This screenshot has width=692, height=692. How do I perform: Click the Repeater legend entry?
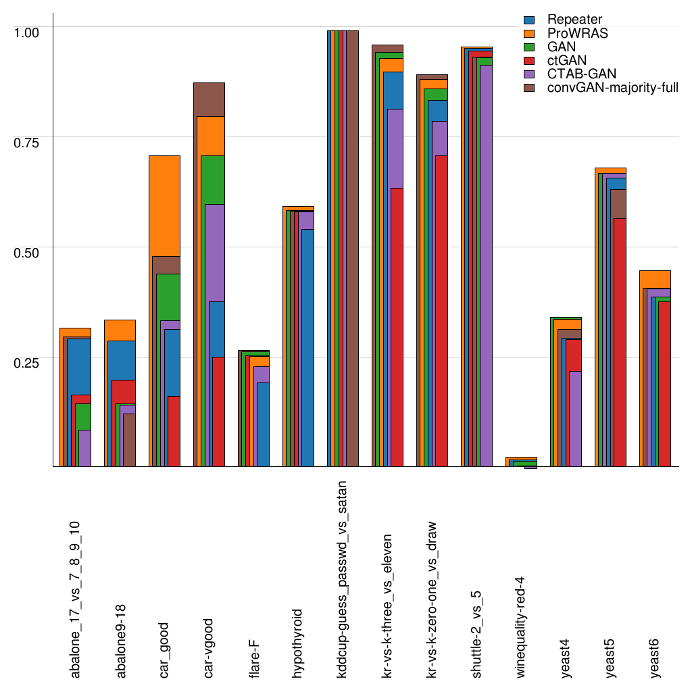(575, 20)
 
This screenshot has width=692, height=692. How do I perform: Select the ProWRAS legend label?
(578, 33)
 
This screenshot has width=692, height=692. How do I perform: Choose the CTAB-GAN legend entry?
(582, 73)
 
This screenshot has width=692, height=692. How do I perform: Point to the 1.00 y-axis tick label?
(28, 31)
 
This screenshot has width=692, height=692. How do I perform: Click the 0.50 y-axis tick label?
(28, 251)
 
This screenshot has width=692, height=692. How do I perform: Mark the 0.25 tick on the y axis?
(28, 362)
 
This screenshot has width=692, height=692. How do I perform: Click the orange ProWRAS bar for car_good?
(164, 203)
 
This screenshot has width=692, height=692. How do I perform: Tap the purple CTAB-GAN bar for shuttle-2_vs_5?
(485, 264)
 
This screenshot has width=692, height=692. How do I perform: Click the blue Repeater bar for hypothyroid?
(307, 345)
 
